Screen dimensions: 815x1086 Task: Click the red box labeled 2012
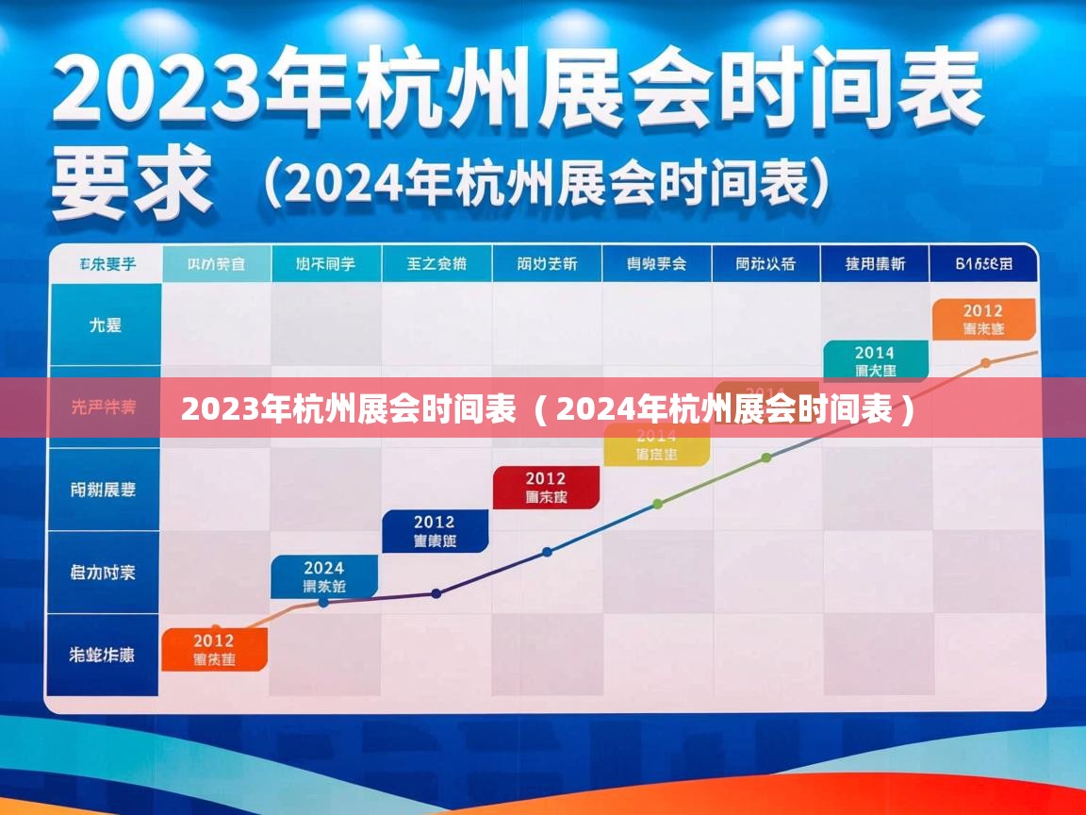click(x=546, y=488)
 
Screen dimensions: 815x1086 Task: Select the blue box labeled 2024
click(x=324, y=576)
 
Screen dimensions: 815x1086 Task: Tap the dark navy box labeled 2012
click(x=435, y=531)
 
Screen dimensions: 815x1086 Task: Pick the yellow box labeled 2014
click(x=656, y=444)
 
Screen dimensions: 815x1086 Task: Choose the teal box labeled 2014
click(x=875, y=362)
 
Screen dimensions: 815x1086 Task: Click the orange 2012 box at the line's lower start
click(x=214, y=650)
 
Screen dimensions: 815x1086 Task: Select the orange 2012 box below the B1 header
click(x=983, y=320)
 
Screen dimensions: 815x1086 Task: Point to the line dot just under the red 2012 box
click(x=547, y=553)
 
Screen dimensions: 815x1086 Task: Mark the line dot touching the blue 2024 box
click(x=323, y=602)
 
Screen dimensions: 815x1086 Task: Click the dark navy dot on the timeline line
click(x=436, y=593)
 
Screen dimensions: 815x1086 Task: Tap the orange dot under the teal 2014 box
click(x=985, y=363)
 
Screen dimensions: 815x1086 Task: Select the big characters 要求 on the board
click(x=130, y=184)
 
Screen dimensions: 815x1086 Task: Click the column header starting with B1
click(x=983, y=264)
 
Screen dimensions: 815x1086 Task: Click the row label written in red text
click(x=104, y=407)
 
